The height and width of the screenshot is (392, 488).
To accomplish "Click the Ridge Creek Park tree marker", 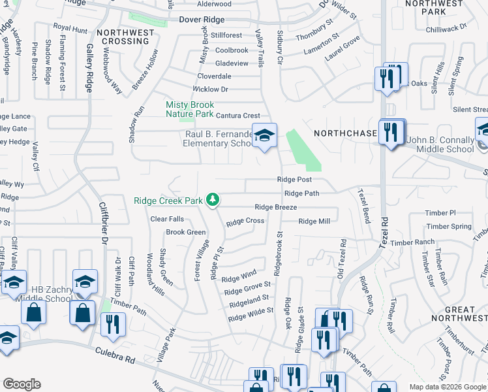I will (x=212, y=199).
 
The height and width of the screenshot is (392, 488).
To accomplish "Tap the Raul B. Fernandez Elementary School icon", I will (x=264, y=136).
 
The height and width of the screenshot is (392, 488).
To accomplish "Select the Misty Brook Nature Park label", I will (x=190, y=109).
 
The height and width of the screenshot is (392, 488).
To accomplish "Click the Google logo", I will (x=22, y=384).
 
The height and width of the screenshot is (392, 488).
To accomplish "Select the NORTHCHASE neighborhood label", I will (x=345, y=133).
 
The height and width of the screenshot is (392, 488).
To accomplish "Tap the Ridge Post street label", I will (x=294, y=179).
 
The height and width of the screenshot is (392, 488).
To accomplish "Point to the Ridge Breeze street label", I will (x=275, y=207).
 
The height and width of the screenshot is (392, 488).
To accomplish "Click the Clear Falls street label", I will (x=167, y=219).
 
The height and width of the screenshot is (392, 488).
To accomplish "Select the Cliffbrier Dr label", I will (x=102, y=222).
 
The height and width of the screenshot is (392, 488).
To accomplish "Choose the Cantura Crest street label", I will (x=238, y=116).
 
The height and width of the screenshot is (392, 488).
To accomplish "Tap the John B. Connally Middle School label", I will (x=440, y=144).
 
